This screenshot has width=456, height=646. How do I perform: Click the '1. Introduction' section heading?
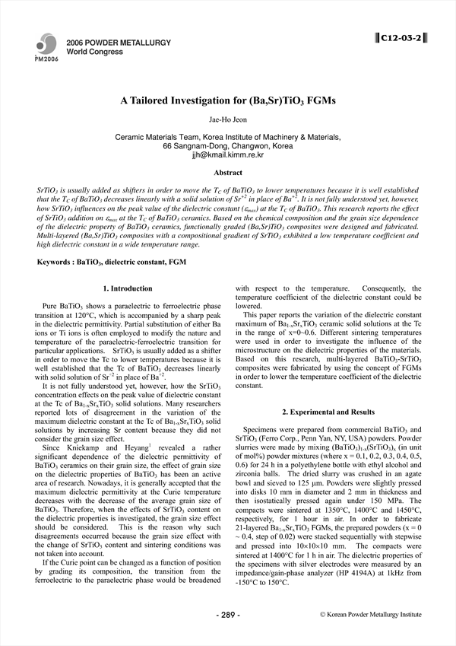click(127, 288)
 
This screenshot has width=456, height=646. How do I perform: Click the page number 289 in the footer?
click(229, 613)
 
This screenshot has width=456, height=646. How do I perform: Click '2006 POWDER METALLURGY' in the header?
click(108, 43)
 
